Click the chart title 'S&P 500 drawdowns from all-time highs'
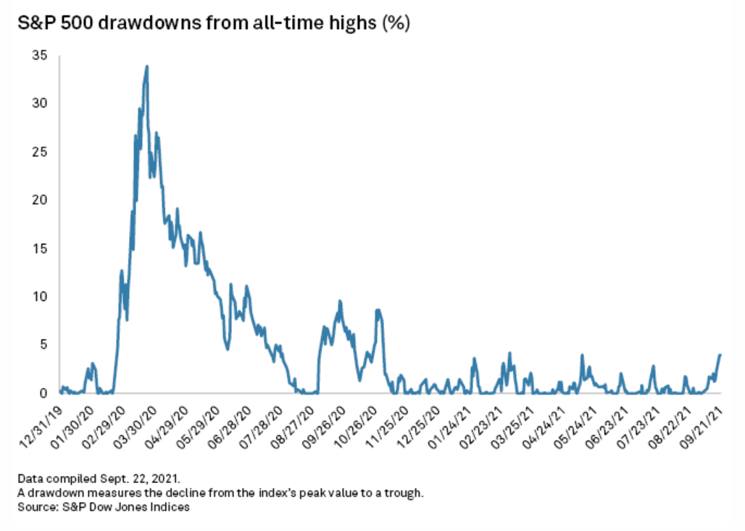210,24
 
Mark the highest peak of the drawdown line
147,66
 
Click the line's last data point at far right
720,355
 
